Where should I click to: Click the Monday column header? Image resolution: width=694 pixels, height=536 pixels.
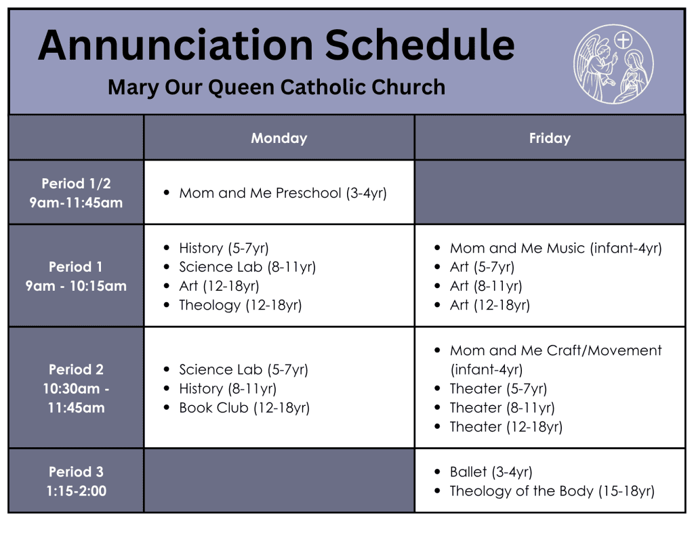tap(279, 138)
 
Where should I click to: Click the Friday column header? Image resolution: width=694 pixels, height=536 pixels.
tap(550, 138)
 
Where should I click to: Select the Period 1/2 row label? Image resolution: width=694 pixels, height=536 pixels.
tap(76, 193)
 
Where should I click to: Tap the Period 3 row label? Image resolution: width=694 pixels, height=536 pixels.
tap(76, 481)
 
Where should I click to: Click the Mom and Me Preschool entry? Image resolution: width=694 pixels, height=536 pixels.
tap(283, 193)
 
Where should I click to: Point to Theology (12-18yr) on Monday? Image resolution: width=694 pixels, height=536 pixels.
tap(241, 305)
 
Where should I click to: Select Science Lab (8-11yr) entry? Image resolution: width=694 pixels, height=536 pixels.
tap(247, 267)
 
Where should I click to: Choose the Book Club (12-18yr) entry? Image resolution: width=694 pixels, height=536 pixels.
tap(244, 408)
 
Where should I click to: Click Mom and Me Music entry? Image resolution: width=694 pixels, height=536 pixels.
tap(556, 248)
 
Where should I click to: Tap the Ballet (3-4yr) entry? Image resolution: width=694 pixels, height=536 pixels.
tap(491, 472)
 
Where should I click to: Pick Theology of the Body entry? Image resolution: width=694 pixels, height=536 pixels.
tap(552, 491)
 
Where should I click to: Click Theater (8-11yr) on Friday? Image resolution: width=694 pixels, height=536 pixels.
tap(502, 408)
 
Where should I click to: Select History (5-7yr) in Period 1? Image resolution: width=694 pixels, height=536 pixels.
tap(224, 248)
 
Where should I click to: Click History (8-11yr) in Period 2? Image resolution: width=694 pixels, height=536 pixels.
tap(228, 388)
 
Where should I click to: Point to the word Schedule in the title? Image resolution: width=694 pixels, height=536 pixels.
tap(420, 45)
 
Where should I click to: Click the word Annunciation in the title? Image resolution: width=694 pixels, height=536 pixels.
tap(176, 45)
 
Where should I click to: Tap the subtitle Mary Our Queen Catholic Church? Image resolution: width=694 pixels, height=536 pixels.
tap(277, 87)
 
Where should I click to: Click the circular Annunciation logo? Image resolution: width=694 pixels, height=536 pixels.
tap(613, 64)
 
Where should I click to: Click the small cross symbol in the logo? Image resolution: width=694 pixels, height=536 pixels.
tap(624, 41)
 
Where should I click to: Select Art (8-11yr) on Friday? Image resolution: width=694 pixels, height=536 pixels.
tap(486, 286)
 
